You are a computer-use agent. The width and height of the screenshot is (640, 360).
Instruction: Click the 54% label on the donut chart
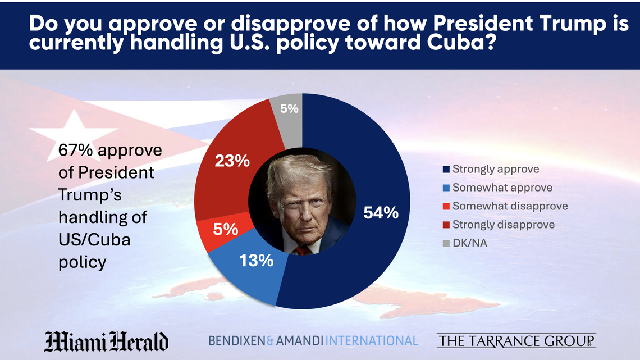tap(381, 213)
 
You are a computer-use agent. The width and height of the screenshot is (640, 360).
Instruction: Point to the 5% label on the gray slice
tap(289, 109)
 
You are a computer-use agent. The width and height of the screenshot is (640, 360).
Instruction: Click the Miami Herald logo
tap(106, 341)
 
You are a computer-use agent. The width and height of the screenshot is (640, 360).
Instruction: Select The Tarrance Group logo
tap(516, 340)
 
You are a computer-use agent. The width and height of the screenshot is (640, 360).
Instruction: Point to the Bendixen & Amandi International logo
tap(313, 340)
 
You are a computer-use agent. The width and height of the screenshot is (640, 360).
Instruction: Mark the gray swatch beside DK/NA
tap(446, 243)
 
